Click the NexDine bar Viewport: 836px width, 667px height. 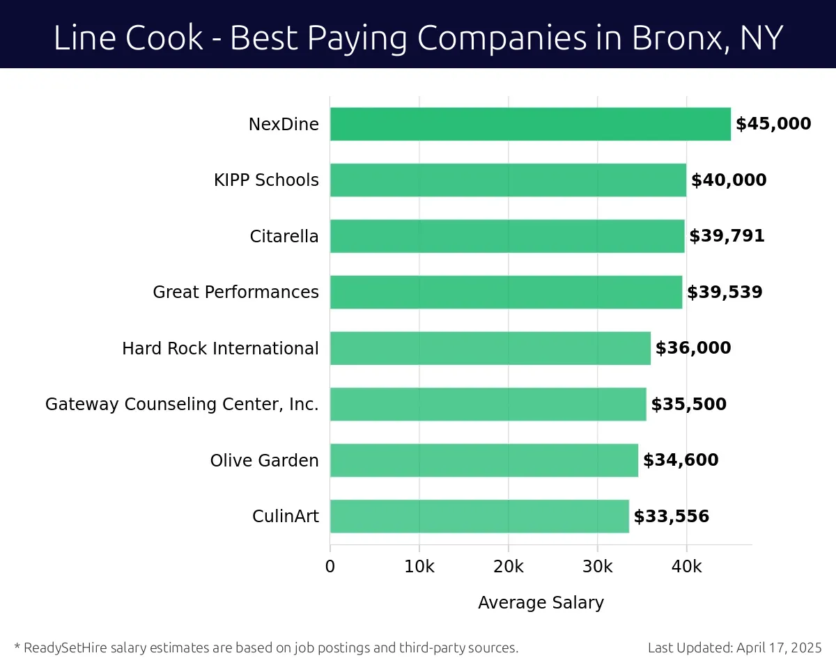[x=530, y=124]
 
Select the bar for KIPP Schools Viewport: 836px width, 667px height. [x=508, y=180]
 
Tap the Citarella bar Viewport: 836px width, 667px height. [x=507, y=236]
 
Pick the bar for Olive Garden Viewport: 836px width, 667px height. [x=483, y=460]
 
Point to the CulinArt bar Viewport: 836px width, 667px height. [x=479, y=517]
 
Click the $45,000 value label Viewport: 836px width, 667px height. [x=773, y=124]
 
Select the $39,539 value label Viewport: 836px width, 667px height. [x=725, y=292]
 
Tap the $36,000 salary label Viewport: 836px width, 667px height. [x=693, y=348]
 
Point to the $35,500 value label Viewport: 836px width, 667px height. [x=688, y=405]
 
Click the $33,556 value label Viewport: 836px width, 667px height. [x=671, y=517]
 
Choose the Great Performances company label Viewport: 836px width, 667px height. [x=235, y=292]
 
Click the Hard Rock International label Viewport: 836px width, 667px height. [x=220, y=348]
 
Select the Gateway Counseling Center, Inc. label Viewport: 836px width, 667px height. [x=182, y=405]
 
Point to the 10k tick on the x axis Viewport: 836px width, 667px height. [x=419, y=567]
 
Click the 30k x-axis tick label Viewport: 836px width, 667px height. [x=597, y=567]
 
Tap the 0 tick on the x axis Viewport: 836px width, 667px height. [x=330, y=567]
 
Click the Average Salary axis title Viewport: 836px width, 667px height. [x=541, y=603]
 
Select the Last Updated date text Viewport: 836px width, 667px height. [x=735, y=648]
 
